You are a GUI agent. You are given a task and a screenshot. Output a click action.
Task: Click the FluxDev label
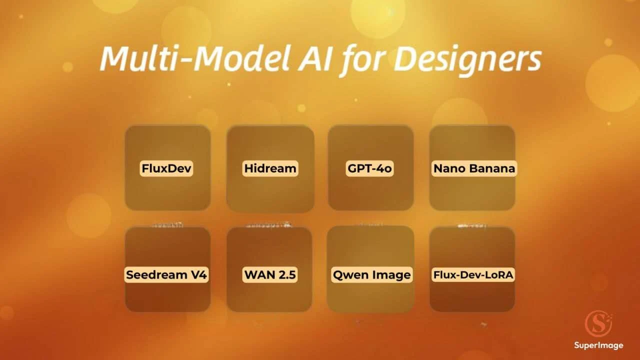[166, 168]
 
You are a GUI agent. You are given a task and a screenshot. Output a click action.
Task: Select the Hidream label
[270, 168]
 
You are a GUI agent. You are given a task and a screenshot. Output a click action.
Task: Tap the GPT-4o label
[370, 168]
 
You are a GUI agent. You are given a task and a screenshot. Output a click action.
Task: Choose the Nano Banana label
[473, 168]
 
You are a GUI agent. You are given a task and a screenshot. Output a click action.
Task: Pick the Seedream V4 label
[166, 274]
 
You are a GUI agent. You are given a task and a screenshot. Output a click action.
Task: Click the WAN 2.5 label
[270, 274]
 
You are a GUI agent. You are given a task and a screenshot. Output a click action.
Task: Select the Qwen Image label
[371, 274]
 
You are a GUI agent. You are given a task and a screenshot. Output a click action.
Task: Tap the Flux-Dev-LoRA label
[473, 274]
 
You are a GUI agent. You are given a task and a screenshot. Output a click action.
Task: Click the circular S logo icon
[598, 324]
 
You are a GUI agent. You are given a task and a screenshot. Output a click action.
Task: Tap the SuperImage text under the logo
[598, 345]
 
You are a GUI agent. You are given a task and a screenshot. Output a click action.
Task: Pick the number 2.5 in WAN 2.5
[285, 274]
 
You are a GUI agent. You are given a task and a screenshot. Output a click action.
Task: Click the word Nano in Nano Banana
[445, 168]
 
